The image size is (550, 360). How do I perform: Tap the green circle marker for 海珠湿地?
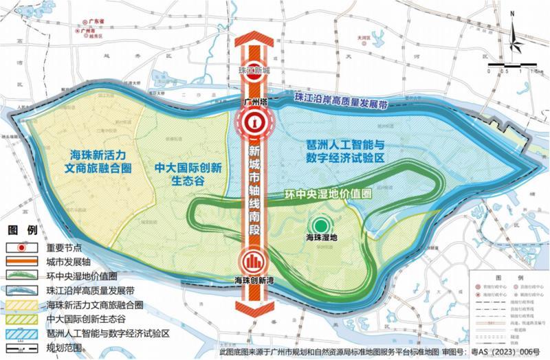pos(320,225)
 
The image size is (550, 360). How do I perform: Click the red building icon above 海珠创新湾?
pos(254,261)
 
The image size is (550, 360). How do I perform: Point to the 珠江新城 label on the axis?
pos(254,70)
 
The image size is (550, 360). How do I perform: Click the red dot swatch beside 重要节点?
pos(22,247)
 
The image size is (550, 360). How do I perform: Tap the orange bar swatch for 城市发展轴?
pos(22,261)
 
